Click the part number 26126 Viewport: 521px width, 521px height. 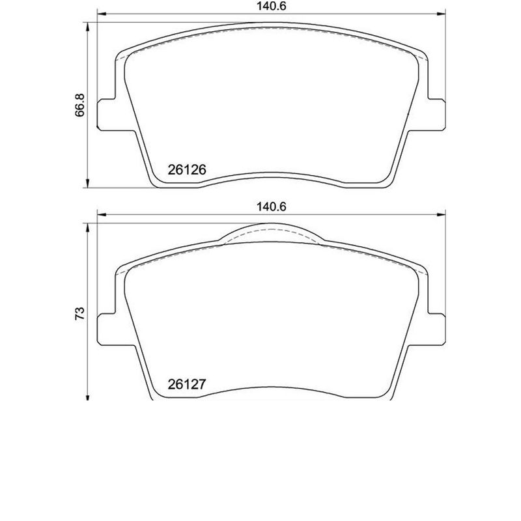[187, 169]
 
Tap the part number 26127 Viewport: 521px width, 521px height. [187, 384]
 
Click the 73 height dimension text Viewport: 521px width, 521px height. [79, 312]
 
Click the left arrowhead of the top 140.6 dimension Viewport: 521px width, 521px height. [101, 16]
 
